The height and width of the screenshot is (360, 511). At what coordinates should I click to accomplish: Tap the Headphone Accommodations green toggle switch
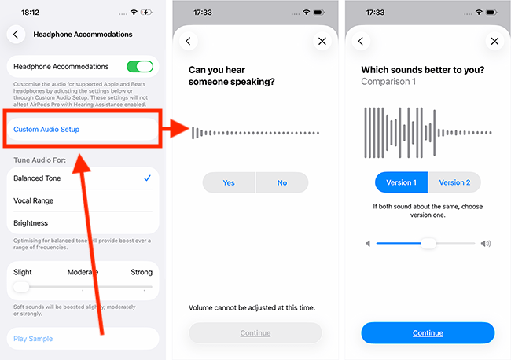tap(140, 67)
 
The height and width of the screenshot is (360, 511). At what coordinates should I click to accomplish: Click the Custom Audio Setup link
tap(46, 130)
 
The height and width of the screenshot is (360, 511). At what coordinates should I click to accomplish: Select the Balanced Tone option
tap(37, 178)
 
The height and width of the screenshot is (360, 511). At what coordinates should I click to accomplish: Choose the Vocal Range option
tap(33, 200)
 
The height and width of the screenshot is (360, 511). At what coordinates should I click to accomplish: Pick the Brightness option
tap(31, 223)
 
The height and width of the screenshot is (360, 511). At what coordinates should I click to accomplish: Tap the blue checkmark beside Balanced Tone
tap(147, 178)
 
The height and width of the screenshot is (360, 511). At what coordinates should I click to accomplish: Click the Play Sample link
tap(33, 339)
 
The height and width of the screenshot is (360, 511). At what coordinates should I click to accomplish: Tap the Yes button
tap(229, 183)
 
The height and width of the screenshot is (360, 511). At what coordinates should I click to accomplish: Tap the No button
tap(282, 183)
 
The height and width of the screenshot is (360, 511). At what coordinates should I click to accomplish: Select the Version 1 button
tap(401, 182)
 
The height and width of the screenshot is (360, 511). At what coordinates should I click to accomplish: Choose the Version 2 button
tap(454, 182)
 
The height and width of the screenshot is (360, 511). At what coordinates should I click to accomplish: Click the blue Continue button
tap(428, 333)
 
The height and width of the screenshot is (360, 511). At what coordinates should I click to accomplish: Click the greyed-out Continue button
tap(256, 333)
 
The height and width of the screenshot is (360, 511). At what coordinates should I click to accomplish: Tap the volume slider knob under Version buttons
tap(428, 244)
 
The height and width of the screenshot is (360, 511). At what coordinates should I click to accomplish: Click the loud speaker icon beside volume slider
tap(486, 244)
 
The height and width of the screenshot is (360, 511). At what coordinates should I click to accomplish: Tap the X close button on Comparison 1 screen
tap(494, 41)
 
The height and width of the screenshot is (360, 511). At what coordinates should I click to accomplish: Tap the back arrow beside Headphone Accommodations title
tap(16, 35)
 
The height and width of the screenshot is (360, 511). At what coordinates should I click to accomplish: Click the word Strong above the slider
tap(142, 272)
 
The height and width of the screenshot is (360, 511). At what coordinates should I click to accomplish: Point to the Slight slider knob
tap(21, 287)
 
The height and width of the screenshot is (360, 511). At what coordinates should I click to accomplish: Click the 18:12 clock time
tap(30, 13)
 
